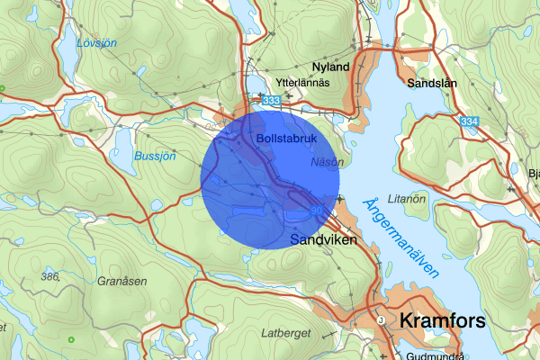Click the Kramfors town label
coord(442,321)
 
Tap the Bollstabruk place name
coord(283,139)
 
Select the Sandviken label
coord(325,241)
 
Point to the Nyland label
coord(329,67)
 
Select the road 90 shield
coord(316,210)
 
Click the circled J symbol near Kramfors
coord(381,319)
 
